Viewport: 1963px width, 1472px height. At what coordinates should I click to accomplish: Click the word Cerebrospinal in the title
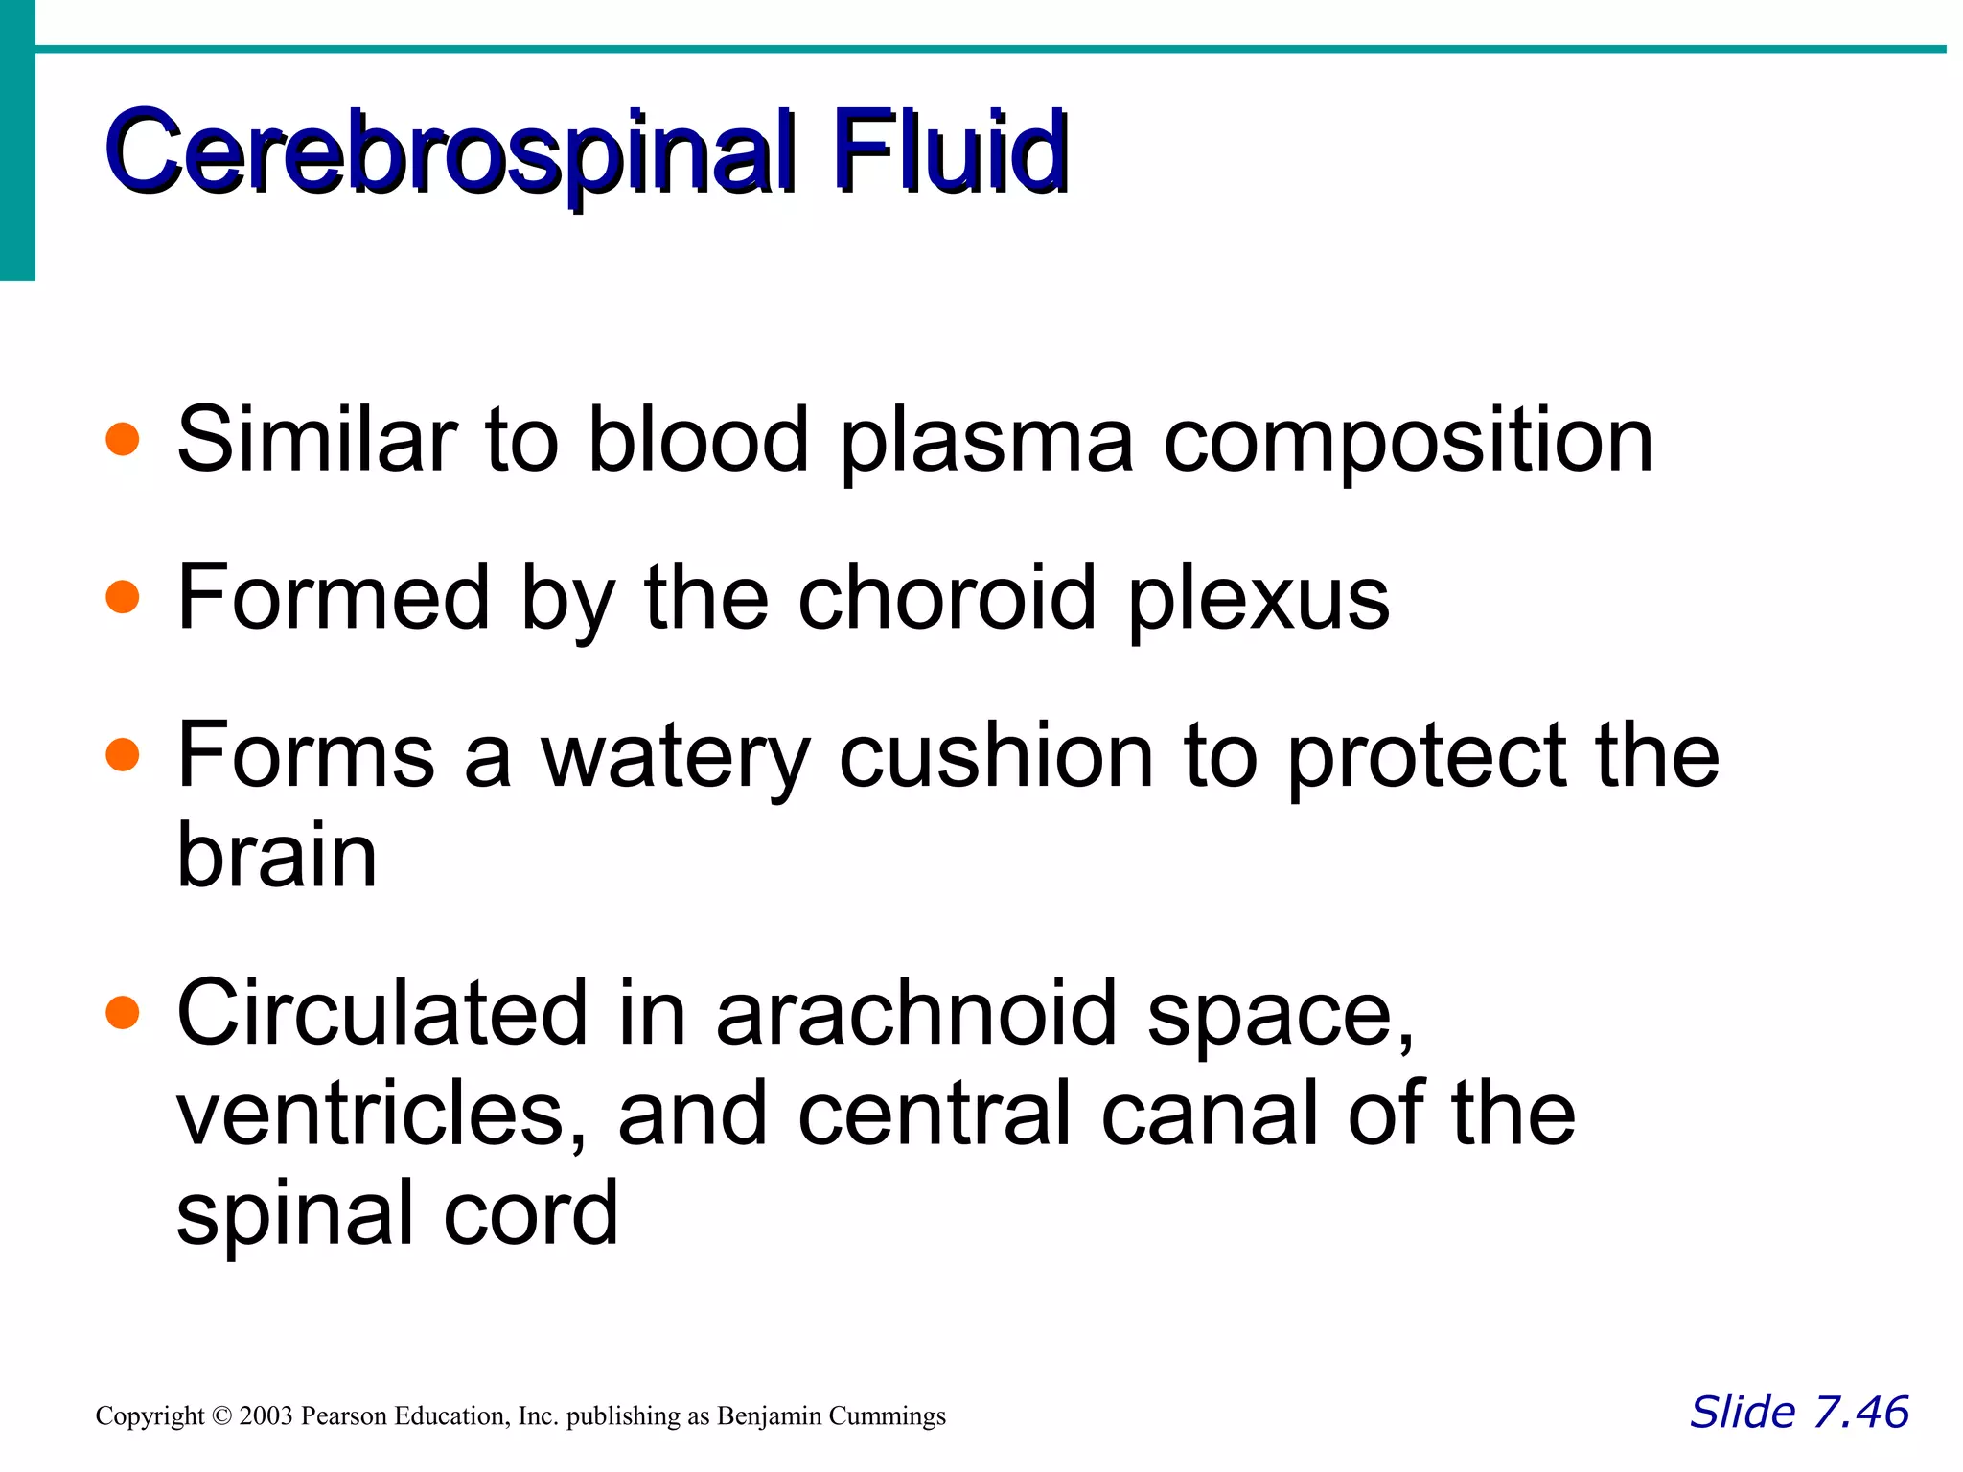[450, 153]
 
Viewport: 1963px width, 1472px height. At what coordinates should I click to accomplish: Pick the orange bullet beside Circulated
[123, 1012]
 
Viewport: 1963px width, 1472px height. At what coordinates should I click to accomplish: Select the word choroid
[947, 598]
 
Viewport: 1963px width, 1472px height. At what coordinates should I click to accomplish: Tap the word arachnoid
[916, 1014]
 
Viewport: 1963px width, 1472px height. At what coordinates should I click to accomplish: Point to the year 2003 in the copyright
[266, 1416]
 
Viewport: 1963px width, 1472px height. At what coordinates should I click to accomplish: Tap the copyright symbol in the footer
[221, 1416]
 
